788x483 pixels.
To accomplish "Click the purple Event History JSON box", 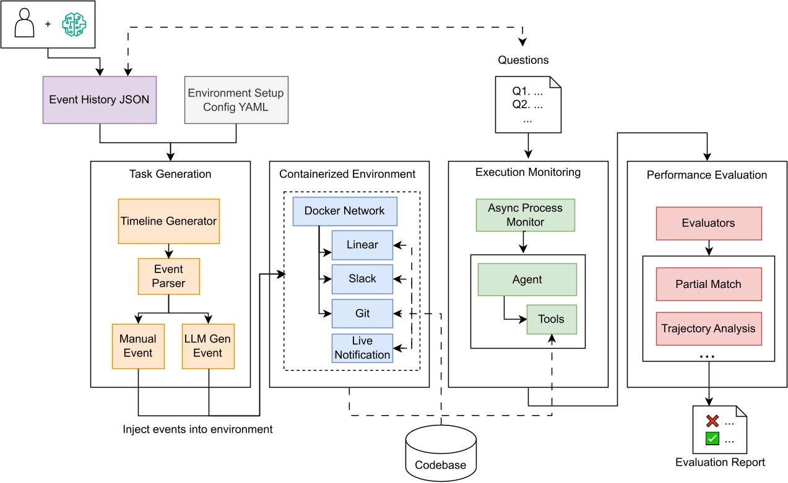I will pyautogui.click(x=100, y=100).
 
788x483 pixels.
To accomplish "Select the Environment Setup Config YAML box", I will pyautogui.click(x=236, y=100).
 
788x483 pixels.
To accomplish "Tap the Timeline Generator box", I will pyautogui.click(x=168, y=221).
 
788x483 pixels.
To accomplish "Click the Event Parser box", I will pyautogui.click(x=168, y=276).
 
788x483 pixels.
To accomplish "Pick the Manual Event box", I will pyautogui.click(x=138, y=346).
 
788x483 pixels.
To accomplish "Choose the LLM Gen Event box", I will pyautogui.click(x=208, y=346).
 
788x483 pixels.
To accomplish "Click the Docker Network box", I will pyautogui.click(x=344, y=211).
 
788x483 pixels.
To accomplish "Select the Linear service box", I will pyautogui.click(x=362, y=245).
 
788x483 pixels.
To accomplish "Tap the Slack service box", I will pyautogui.click(x=362, y=279).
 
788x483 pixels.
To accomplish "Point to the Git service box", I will pyautogui.click(x=362, y=313).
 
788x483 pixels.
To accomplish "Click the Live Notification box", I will pyautogui.click(x=362, y=348).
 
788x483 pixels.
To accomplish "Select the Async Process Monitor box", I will pyautogui.click(x=525, y=215).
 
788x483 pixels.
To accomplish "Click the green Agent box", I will pyautogui.click(x=527, y=280).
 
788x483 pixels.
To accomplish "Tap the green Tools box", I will pyautogui.click(x=551, y=320).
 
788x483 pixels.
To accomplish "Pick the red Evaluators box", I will pyautogui.click(x=708, y=223).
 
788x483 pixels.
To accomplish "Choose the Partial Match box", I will pyautogui.click(x=708, y=284).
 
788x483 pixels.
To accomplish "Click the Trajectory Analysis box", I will pyautogui.click(x=708, y=328).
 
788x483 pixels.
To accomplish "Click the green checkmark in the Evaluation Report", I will pyautogui.click(x=712, y=438).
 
